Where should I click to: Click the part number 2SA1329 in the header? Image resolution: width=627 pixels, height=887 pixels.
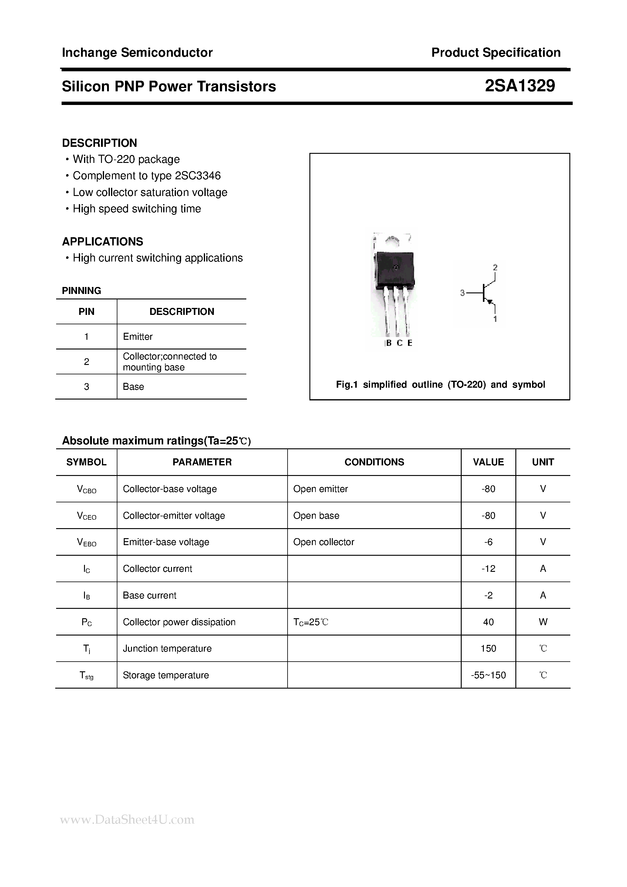[x=520, y=86]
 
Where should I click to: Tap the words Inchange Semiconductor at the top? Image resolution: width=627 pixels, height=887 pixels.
[x=137, y=52]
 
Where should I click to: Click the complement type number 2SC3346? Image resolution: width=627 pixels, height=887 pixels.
[x=197, y=176]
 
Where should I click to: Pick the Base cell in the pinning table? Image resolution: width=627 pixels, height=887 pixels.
[x=133, y=387]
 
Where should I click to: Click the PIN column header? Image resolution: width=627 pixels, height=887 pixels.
[x=86, y=312]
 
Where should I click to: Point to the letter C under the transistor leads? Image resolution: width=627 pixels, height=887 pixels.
[x=399, y=343]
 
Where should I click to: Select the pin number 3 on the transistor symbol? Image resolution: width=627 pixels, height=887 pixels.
[x=462, y=293]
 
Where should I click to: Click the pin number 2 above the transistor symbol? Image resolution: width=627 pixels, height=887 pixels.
[x=495, y=267]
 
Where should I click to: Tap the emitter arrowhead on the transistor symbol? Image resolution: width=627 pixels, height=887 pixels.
[x=490, y=302]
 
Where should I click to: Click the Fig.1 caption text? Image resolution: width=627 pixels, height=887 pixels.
[x=440, y=384]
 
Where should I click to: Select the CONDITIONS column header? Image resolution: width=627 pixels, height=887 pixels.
[x=374, y=462]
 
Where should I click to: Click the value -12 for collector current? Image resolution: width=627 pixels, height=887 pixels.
[x=488, y=569]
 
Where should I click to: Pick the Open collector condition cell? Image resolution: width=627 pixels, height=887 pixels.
[x=323, y=542]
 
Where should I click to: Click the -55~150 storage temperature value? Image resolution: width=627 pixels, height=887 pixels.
[x=488, y=675]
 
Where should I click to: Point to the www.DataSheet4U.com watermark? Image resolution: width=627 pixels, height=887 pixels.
[x=127, y=819]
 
